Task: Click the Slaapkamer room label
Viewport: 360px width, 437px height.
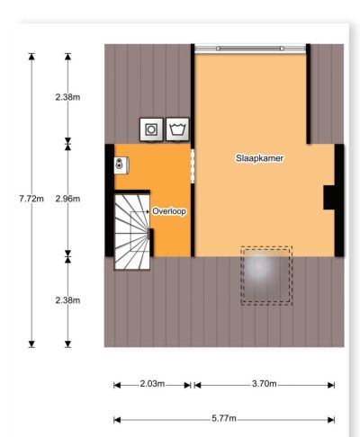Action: (x=259, y=158)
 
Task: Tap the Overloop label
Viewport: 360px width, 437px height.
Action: (x=169, y=211)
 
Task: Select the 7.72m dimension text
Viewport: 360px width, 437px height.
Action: (x=31, y=199)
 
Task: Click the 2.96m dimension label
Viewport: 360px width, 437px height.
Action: (x=67, y=199)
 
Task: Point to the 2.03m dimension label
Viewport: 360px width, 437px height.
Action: (x=152, y=384)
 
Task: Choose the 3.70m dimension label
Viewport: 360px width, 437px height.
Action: (x=265, y=384)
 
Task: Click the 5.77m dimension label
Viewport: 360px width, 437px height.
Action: (x=224, y=418)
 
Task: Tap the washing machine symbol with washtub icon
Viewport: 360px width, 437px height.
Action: (x=178, y=129)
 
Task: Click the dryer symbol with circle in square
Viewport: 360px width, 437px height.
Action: (x=151, y=129)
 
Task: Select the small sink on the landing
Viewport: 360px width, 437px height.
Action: (x=121, y=165)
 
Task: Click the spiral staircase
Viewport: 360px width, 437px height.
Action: (x=132, y=232)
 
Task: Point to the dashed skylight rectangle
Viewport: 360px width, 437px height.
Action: (x=266, y=276)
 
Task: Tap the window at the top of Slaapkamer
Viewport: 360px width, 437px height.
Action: (x=250, y=49)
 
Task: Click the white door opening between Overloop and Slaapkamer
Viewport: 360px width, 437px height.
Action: (x=193, y=165)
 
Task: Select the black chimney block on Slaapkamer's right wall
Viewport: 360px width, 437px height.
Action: (x=329, y=198)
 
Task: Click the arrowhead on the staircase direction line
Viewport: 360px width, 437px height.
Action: (x=148, y=212)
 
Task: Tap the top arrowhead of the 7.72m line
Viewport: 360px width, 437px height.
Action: (x=31, y=57)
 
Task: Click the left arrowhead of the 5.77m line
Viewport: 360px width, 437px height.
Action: (x=117, y=420)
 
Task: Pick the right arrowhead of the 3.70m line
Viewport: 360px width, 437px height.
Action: (x=331, y=385)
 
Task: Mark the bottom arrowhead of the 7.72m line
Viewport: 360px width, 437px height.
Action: (x=31, y=344)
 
